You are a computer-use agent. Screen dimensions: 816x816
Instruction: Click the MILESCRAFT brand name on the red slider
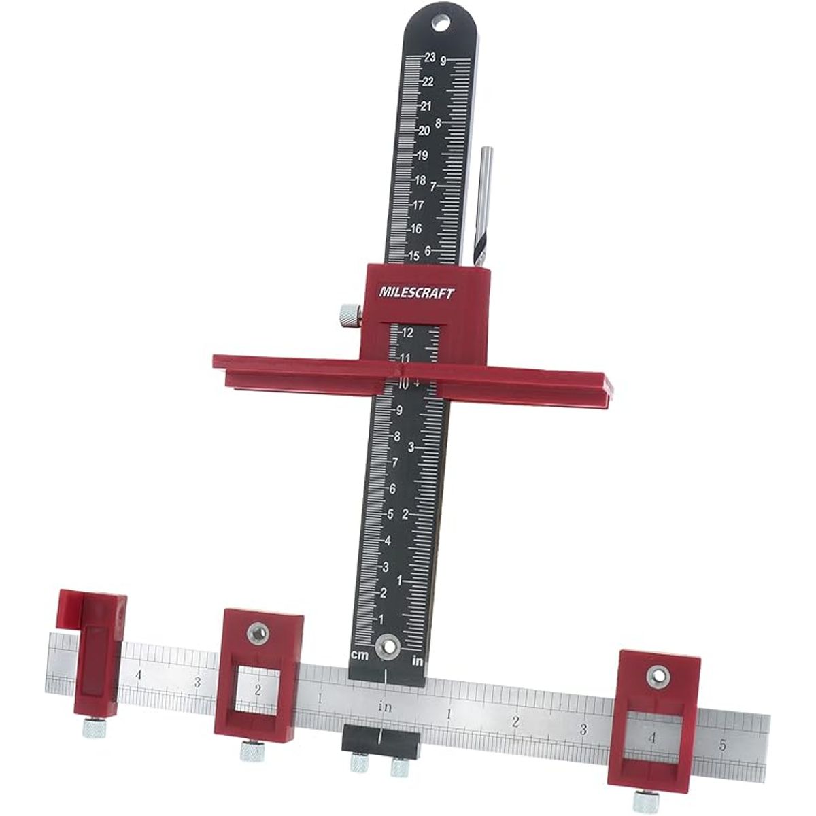[x=417, y=293]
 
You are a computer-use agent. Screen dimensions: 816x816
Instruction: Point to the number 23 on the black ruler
[x=430, y=58]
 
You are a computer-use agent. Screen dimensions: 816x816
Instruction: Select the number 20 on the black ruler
[x=424, y=131]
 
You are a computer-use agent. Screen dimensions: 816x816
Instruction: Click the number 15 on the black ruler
[x=413, y=256]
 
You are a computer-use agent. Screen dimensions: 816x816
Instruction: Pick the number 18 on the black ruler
[x=420, y=181]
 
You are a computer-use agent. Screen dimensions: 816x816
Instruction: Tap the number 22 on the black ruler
[x=428, y=82]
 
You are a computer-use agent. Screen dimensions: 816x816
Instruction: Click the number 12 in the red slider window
[x=407, y=333]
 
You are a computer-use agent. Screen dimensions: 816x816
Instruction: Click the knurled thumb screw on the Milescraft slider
[x=351, y=316]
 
